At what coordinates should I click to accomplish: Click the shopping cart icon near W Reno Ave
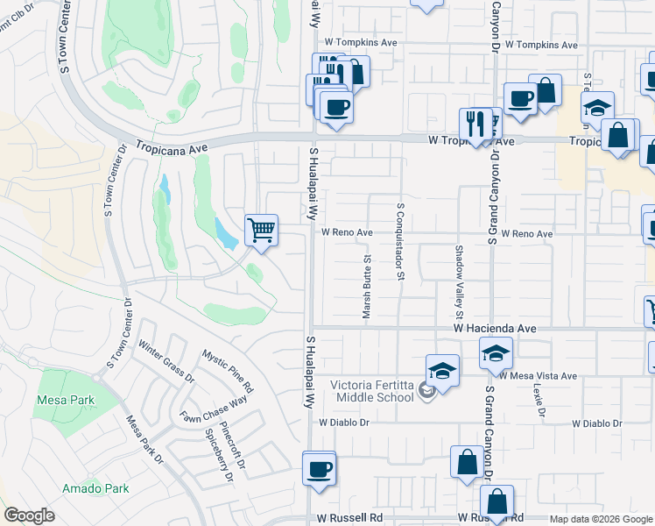(x=262, y=231)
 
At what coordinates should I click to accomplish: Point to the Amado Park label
(x=95, y=488)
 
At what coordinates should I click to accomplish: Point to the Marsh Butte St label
(x=367, y=287)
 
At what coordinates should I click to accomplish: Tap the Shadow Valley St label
(x=458, y=277)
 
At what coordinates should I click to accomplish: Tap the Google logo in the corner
(x=30, y=515)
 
